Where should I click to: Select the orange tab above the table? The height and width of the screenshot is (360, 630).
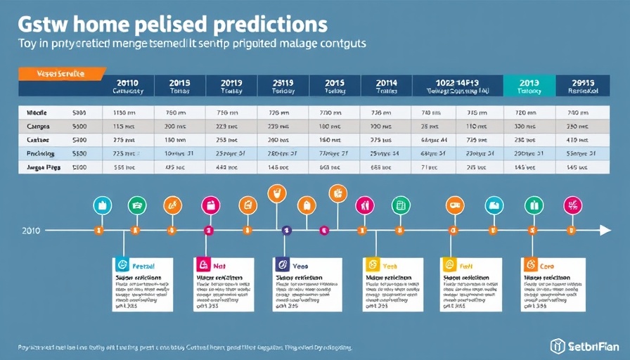[x=60, y=72]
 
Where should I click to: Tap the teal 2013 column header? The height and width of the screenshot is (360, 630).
[x=529, y=85]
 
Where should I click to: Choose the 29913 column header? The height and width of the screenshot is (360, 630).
[x=582, y=85]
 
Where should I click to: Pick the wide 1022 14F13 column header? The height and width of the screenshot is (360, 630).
[x=458, y=85]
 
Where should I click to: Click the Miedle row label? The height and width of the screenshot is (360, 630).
[x=36, y=112]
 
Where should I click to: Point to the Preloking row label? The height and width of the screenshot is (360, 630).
[x=40, y=153]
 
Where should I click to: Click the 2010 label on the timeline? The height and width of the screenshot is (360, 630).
[x=31, y=231]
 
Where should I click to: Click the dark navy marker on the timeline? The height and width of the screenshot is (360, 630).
[x=286, y=230]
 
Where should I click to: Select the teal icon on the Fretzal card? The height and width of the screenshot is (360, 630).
[x=122, y=266]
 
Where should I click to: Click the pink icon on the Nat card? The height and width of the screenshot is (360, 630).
[x=203, y=266]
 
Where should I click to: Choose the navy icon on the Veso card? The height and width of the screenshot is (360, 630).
[x=283, y=266]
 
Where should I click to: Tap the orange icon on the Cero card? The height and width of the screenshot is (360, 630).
[x=531, y=266]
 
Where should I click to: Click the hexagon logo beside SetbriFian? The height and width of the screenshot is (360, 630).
[x=558, y=345]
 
